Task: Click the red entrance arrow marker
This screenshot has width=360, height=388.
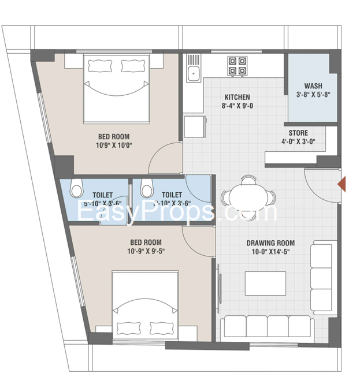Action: (342, 185)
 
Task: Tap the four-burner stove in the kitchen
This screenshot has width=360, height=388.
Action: (236, 65)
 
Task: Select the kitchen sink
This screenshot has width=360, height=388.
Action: (193, 72)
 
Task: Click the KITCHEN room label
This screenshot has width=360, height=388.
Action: (237, 97)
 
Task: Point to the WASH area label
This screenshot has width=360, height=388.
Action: (313, 85)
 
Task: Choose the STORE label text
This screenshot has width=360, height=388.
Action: (298, 133)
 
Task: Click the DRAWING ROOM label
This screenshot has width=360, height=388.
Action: (270, 243)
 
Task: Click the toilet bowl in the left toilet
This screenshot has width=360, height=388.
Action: (76, 189)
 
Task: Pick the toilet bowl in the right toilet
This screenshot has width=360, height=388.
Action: (147, 189)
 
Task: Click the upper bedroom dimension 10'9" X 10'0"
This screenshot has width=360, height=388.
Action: (113, 145)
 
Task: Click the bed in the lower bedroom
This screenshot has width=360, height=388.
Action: (144, 306)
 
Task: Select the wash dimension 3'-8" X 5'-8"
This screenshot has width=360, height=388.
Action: (313, 95)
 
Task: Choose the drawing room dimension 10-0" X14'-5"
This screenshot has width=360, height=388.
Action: (270, 252)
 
